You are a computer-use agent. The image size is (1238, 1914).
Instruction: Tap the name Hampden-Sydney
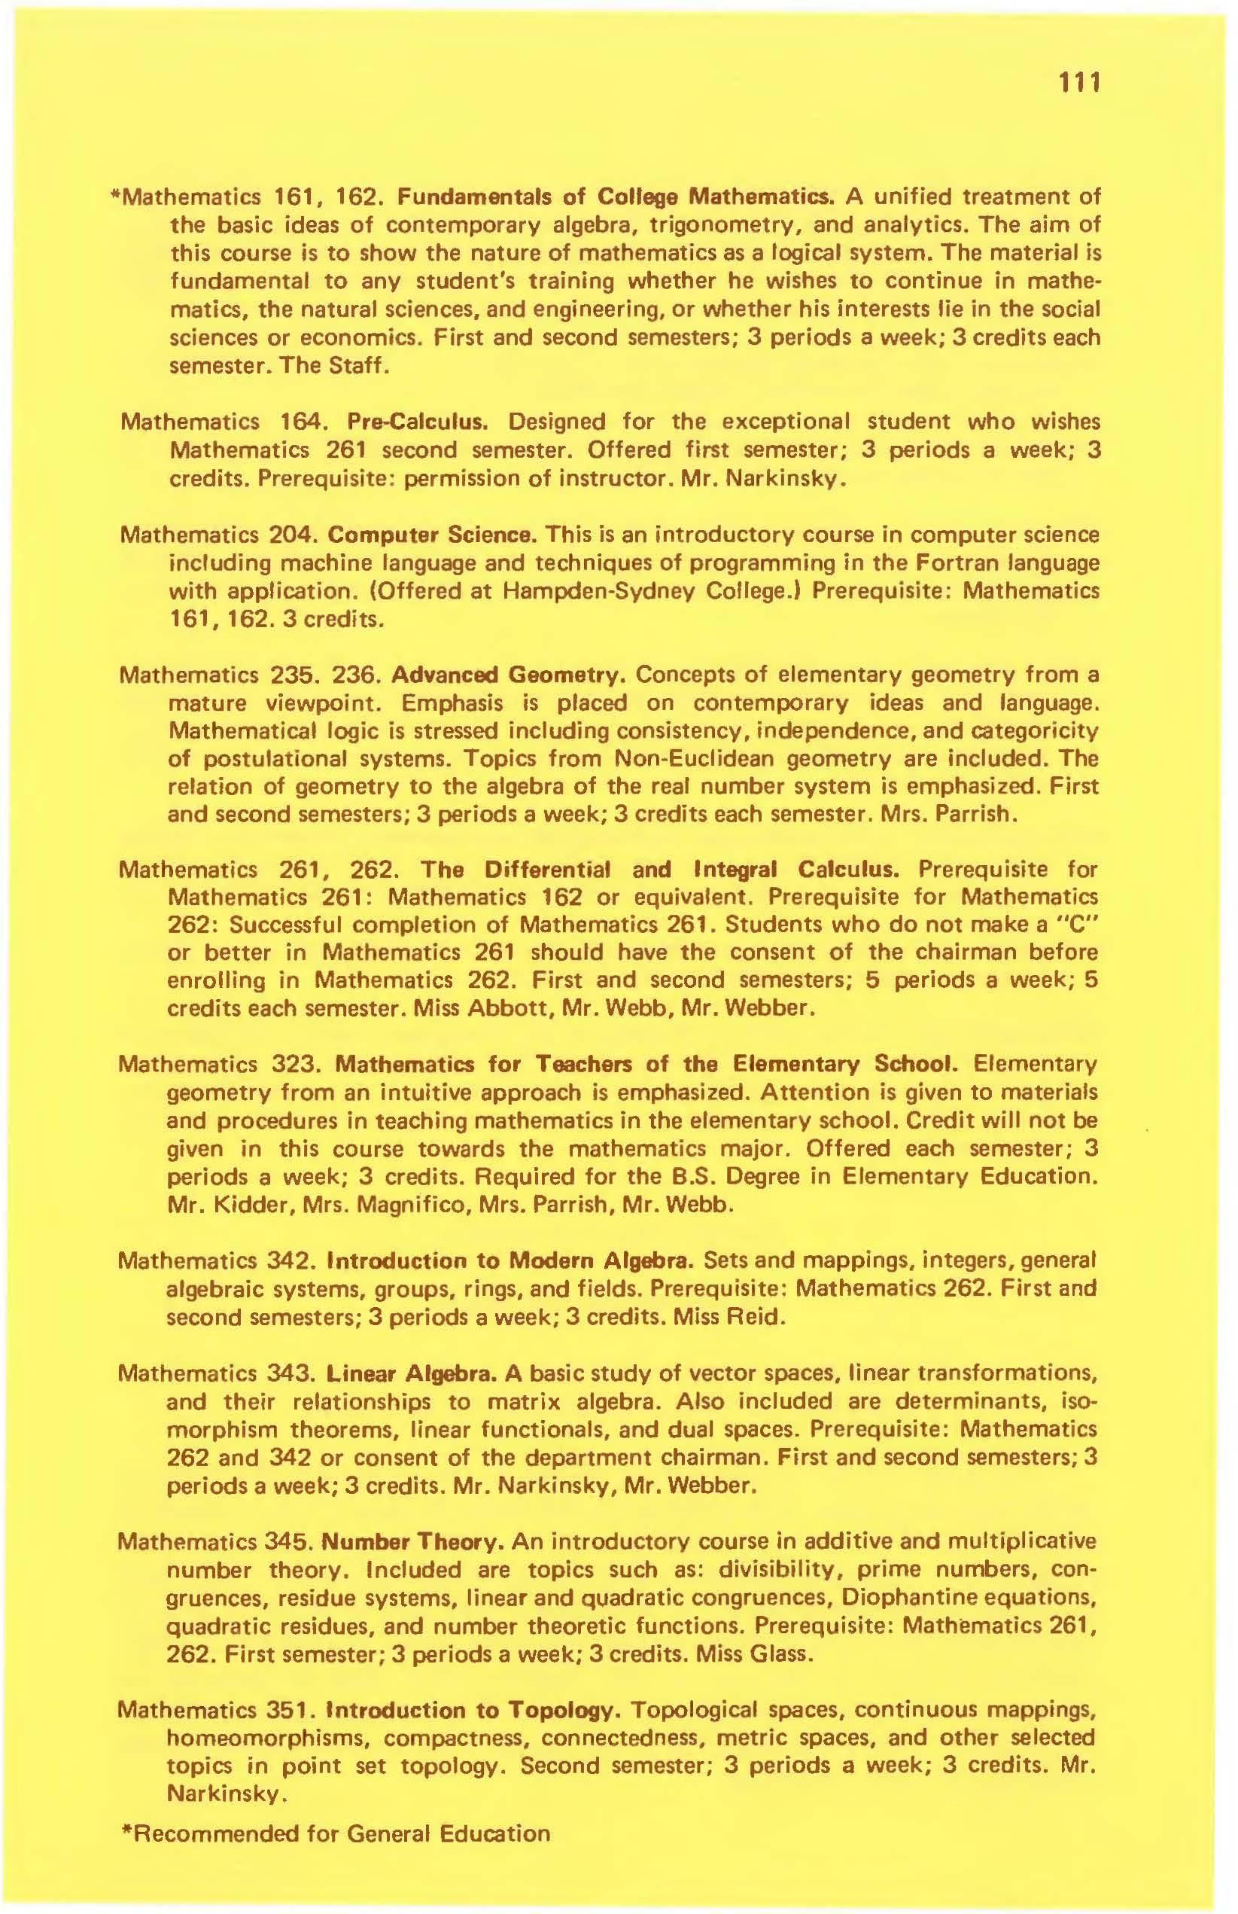607,591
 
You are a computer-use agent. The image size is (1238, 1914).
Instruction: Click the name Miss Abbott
462,1008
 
